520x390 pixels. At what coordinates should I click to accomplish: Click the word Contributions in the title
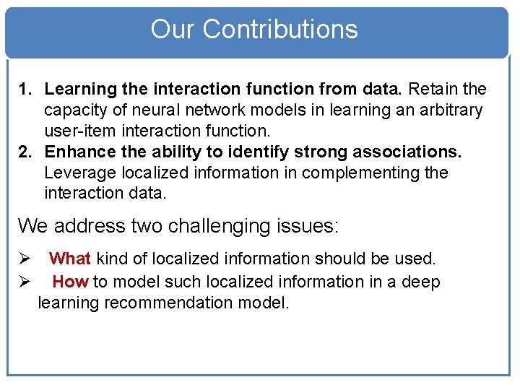pos(280,30)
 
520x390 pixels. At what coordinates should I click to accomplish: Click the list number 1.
pos(25,90)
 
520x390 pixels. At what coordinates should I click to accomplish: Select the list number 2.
pos(26,152)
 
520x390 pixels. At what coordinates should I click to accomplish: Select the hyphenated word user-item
pos(77,131)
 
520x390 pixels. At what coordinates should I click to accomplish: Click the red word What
pos(70,259)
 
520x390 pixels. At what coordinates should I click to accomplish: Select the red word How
pos(70,282)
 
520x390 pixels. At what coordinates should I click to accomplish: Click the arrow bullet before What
pos(24,259)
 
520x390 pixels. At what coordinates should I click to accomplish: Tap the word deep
pos(420,282)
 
